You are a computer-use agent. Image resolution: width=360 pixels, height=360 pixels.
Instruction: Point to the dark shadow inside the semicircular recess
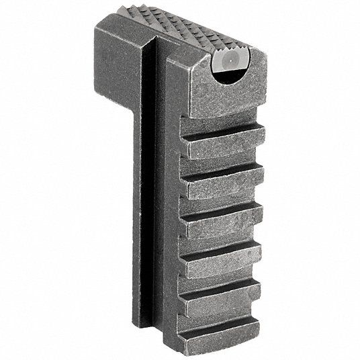click(x=232, y=81)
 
